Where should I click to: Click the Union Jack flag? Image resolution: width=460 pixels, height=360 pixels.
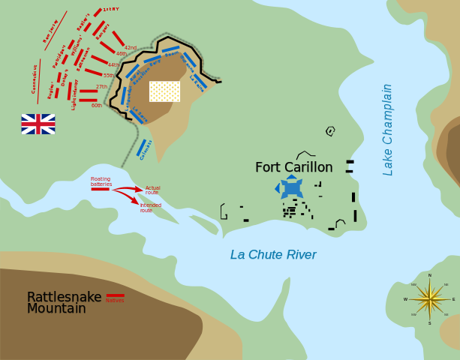coord(38,124)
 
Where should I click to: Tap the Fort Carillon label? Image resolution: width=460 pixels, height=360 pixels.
coord(293,167)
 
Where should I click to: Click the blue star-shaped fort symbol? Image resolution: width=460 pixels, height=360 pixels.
coord(290,187)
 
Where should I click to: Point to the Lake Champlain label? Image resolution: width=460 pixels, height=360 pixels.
coord(388,129)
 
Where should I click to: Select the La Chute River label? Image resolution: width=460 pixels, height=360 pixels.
coord(273,255)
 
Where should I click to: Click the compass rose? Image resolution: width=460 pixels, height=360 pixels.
coord(430,299)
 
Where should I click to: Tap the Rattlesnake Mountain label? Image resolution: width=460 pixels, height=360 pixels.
coord(63,302)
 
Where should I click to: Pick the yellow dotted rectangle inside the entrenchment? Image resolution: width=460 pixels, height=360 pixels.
coord(164,91)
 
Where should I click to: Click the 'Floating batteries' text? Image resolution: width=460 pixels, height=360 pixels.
coord(101,181)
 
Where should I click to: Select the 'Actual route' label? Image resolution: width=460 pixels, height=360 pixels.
coord(153,190)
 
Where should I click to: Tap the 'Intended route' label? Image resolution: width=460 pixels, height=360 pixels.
coord(151,208)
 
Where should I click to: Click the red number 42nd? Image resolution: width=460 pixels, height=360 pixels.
coord(131,47)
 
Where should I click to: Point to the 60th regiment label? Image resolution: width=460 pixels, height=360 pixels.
coord(97,106)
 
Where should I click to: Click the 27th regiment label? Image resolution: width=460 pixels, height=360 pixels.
coord(101,87)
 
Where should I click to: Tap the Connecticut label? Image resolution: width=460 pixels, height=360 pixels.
coord(35,78)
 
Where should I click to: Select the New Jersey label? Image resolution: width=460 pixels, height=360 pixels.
coord(50,31)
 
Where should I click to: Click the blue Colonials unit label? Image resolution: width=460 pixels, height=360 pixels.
coord(146,149)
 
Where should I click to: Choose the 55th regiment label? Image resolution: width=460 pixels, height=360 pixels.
coord(108,76)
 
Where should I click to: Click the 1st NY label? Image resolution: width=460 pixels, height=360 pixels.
coord(111,9)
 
